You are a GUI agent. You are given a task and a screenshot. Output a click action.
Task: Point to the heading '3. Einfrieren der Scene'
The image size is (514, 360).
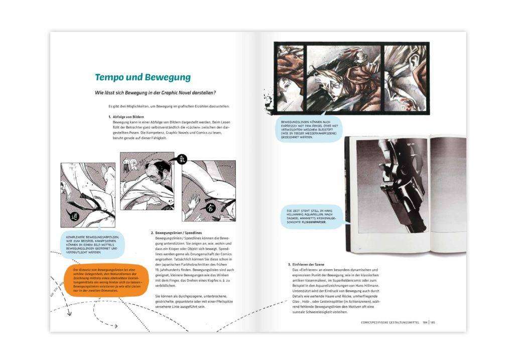311,265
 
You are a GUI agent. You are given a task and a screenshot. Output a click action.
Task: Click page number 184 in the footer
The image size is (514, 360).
425,322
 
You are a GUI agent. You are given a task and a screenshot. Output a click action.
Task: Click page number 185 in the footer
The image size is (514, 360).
433,322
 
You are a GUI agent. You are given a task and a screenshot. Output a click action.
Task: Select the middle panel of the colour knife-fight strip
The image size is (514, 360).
343,76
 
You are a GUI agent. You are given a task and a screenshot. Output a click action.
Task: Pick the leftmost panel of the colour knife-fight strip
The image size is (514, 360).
290,76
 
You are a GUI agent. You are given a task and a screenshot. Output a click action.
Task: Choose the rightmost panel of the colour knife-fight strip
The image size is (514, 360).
403,76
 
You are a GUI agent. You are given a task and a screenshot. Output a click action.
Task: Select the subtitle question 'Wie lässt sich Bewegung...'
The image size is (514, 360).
156,93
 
